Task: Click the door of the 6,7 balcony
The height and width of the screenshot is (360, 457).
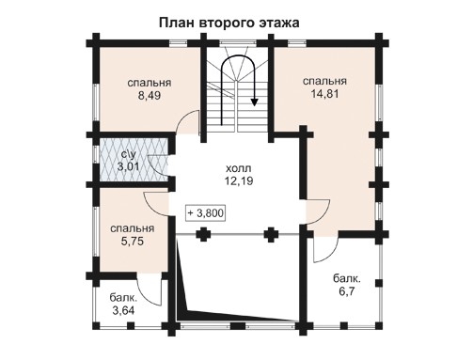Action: pos(324,248)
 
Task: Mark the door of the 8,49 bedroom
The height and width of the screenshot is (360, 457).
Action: pos(188,122)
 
